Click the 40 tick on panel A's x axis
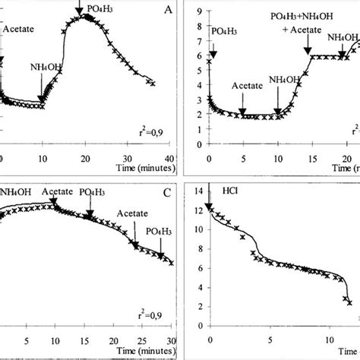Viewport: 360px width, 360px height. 171,159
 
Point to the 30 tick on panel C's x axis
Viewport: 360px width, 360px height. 172,339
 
